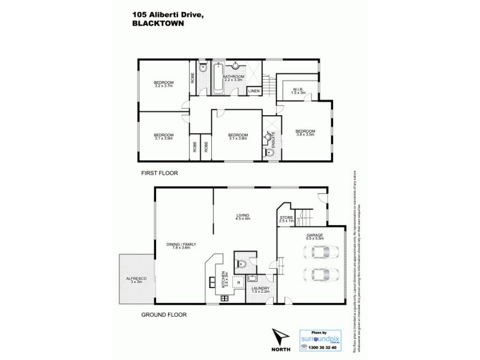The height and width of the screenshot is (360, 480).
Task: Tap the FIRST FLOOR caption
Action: (160, 173)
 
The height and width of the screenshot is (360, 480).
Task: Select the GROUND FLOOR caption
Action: (164, 314)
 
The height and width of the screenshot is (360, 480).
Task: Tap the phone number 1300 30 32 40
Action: (326, 347)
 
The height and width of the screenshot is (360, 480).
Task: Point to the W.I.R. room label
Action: (294, 91)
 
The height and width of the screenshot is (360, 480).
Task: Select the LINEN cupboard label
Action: (254, 91)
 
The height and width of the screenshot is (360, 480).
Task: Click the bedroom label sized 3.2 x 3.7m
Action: (163, 84)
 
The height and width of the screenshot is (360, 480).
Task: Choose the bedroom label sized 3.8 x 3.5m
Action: (305, 133)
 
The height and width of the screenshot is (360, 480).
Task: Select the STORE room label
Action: (287, 219)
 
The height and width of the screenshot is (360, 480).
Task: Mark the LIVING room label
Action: (242, 216)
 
